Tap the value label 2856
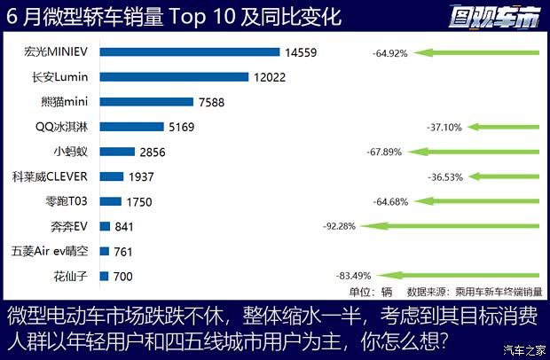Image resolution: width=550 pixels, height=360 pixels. point(153,152)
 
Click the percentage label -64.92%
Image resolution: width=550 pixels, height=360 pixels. point(390,53)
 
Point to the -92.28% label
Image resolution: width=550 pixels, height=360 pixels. point(340,226)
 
